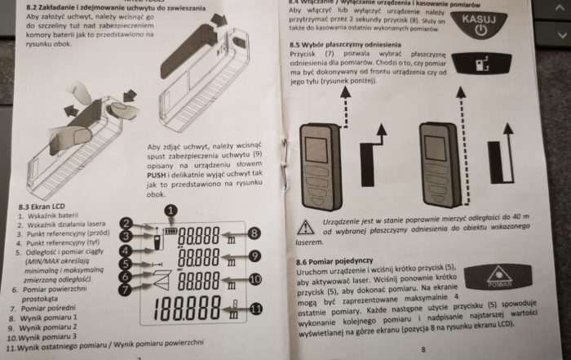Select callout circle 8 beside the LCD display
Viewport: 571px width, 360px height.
[x=254, y=233]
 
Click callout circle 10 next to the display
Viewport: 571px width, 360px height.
[x=254, y=279]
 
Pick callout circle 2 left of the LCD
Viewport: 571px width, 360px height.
[x=126, y=223]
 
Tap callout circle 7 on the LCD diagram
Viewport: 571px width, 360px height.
[x=126, y=289]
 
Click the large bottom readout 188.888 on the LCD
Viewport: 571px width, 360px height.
[x=188, y=311]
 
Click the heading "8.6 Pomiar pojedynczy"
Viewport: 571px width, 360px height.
[x=334, y=258]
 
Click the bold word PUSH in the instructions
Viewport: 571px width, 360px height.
[x=160, y=174]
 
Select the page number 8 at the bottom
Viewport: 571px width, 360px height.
[x=423, y=349]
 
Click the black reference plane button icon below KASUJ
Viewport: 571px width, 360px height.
[x=480, y=63]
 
